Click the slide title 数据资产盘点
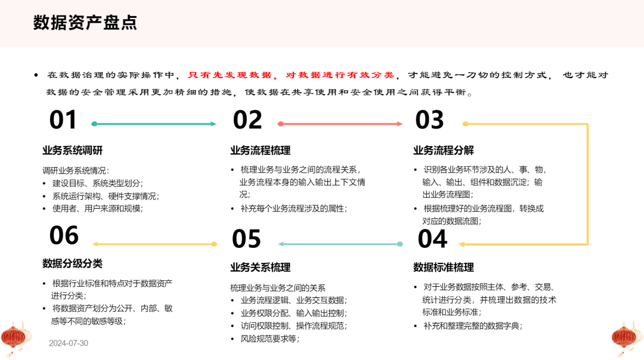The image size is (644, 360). point(85,23)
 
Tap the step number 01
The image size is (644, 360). point(63,120)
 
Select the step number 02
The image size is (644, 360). point(247,120)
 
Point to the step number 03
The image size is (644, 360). point(429,120)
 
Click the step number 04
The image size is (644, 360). point(432,239)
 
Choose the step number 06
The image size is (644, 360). point(64,235)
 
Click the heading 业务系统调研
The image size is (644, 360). point(73,150)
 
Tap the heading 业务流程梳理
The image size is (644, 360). point(261,150)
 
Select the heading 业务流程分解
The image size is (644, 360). point(444,150)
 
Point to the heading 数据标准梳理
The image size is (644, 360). point(444,267)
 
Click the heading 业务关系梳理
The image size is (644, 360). point(261,267)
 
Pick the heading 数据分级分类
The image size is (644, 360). point(73,263)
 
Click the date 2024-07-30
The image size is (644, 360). point(69,343)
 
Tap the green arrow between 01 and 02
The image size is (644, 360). point(154,123)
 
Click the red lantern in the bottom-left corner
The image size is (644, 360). point(16,338)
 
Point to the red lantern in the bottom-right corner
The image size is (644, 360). point(627,338)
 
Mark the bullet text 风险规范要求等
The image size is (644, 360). point(270,339)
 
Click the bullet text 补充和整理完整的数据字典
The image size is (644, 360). point(473,326)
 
